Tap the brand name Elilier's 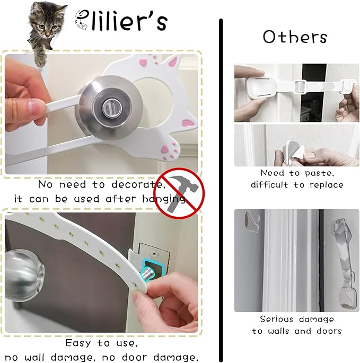(121, 21)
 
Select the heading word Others (295, 37)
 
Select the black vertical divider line (221, 191)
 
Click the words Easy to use (101, 343)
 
